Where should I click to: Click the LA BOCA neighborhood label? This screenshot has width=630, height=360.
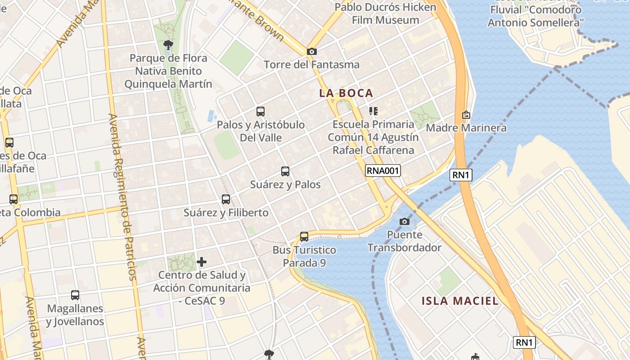click(346, 93)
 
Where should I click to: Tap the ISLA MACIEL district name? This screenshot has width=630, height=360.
click(460, 301)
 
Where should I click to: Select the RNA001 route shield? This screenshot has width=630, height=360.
click(382, 170)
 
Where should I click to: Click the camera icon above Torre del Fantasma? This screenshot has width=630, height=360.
click(311, 52)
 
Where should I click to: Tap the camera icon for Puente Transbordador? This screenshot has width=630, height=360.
click(404, 221)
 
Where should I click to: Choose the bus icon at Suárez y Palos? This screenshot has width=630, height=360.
click(285, 171)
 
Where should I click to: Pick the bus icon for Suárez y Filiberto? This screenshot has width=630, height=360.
click(226, 199)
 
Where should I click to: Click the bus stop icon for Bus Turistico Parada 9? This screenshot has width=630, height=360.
click(304, 236)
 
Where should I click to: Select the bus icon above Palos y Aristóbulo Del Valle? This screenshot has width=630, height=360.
click(261, 112)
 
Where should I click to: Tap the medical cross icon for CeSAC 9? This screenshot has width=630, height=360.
click(202, 261)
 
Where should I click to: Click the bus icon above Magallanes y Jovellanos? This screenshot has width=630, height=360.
click(75, 295)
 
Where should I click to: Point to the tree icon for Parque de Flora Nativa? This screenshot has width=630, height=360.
click(168, 45)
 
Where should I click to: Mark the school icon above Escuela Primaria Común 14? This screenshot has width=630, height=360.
click(373, 111)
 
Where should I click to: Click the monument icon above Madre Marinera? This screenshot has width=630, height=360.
click(466, 115)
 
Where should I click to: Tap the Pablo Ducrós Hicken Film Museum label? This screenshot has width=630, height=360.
click(386, 13)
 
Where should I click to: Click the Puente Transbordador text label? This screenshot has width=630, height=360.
click(404, 241)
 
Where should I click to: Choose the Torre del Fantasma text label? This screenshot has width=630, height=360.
click(312, 65)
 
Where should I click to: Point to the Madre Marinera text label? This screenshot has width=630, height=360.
click(466, 128)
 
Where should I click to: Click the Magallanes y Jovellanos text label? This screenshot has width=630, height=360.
click(75, 315)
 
